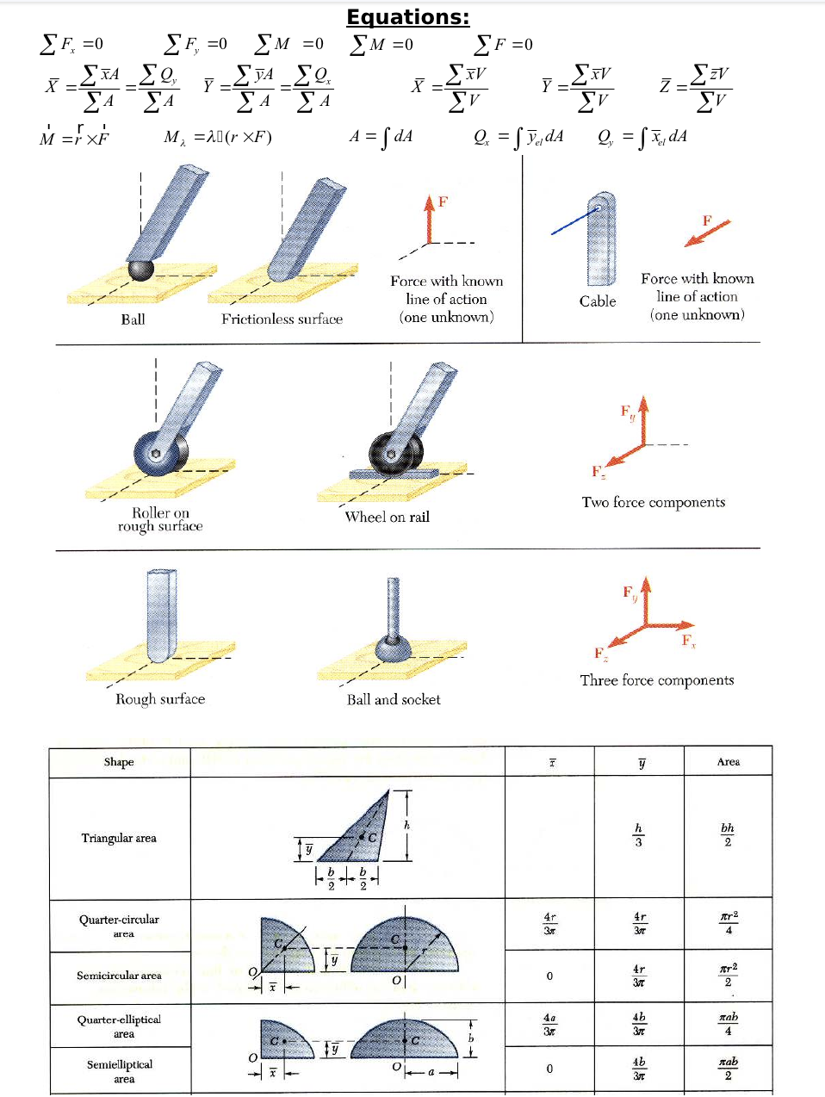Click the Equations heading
click(x=407, y=17)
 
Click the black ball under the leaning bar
click(x=140, y=270)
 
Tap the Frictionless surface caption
click(x=282, y=319)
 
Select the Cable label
click(x=597, y=301)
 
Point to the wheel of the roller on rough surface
click(x=160, y=453)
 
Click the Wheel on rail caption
click(x=387, y=517)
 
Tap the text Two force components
click(x=653, y=502)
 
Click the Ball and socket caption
click(x=394, y=700)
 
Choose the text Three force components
click(x=656, y=680)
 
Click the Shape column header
click(x=119, y=762)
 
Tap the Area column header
click(x=728, y=762)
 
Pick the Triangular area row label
click(x=119, y=838)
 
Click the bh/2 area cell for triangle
click(x=728, y=834)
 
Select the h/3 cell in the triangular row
click(x=638, y=834)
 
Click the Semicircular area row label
click(x=119, y=976)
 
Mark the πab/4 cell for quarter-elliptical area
click(x=728, y=1023)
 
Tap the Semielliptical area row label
click(x=120, y=1071)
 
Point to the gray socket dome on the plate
click(x=393, y=647)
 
